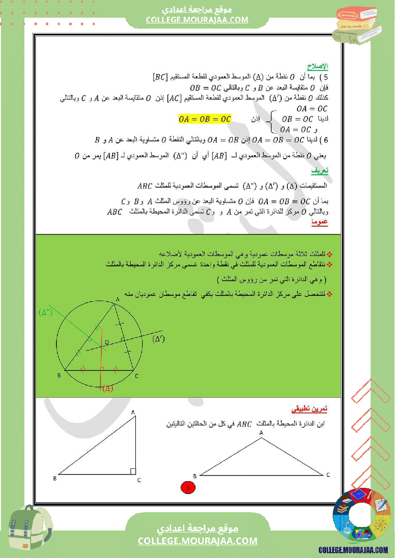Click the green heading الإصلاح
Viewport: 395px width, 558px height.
317,67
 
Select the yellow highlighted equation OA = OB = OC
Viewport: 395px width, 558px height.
204,119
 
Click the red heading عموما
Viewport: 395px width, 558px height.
319,222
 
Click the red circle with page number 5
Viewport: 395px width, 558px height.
187,487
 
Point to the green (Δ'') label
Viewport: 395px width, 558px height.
45,313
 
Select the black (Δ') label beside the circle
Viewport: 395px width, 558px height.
159,339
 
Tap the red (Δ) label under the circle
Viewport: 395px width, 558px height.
108,388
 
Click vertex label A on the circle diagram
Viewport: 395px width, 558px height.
118,299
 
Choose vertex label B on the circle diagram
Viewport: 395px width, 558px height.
59,376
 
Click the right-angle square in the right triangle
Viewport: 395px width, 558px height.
132,471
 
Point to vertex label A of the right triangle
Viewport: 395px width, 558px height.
132,412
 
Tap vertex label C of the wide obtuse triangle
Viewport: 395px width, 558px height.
328,475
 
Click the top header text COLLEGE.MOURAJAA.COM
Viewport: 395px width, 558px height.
197,20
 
